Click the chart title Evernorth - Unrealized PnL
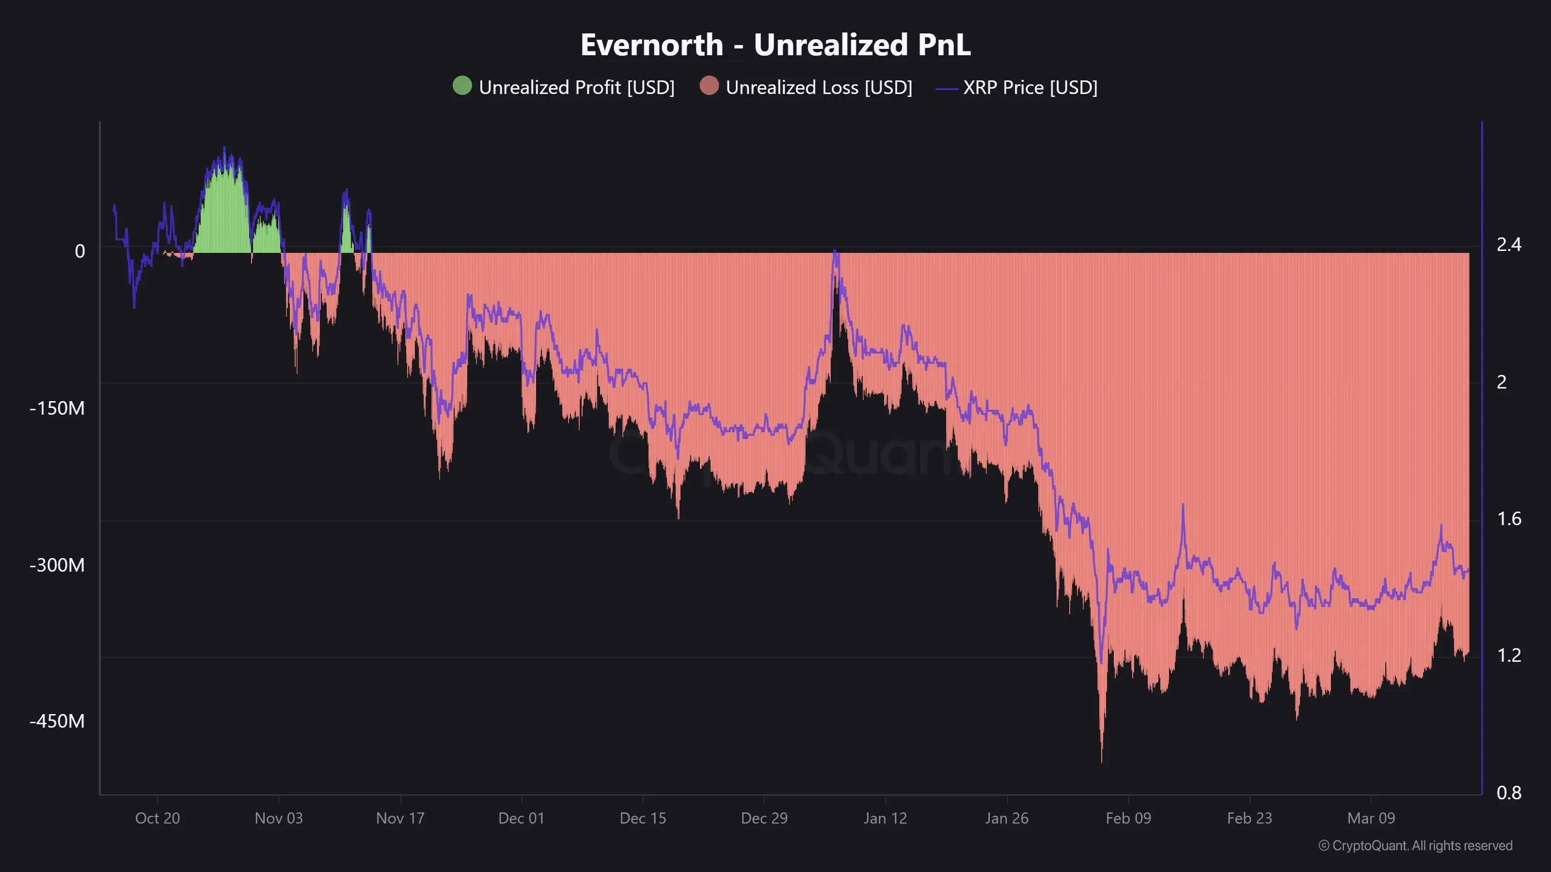pos(775,45)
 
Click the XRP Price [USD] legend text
pos(1029,87)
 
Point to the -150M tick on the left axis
pos(57,408)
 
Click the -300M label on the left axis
pos(57,565)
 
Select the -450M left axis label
pos(57,721)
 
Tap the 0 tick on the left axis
pos(79,251)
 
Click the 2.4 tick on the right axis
pos(1508,244)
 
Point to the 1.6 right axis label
pos(1508,519)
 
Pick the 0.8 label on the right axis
pos(1508,793)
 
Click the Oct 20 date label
pos(157,818)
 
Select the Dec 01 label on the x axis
pos(521,818)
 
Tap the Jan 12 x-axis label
pos(885,818)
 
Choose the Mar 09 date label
pos(1371,818)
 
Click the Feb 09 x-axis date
pos(1128,818)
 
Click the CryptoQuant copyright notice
pos(1415,845)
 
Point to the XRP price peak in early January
pos(835,250)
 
